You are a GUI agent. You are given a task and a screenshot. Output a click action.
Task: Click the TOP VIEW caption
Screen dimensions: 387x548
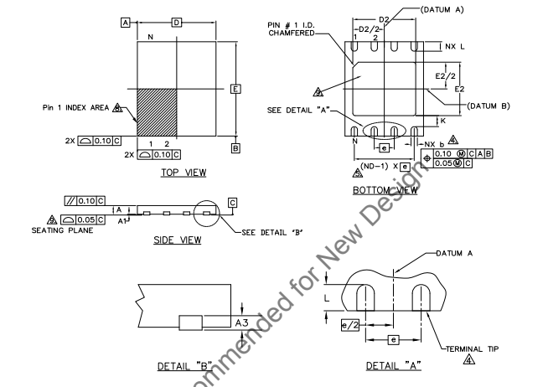(x=183, y=173)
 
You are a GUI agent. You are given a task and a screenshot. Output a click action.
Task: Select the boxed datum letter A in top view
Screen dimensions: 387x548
(x=126, y=22)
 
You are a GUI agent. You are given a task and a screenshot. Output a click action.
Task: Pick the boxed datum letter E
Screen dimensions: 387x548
(x=235, y=89)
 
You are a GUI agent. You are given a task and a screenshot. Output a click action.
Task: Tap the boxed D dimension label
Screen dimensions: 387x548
(x=176, y=22)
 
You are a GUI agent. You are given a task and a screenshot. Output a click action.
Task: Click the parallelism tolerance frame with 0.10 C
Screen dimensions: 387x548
(x=84, y=200)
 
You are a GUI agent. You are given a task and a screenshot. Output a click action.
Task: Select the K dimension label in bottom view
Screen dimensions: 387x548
(x=442, y=121)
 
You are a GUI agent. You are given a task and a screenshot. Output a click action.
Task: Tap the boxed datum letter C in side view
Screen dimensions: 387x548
(x=232, y=202)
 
